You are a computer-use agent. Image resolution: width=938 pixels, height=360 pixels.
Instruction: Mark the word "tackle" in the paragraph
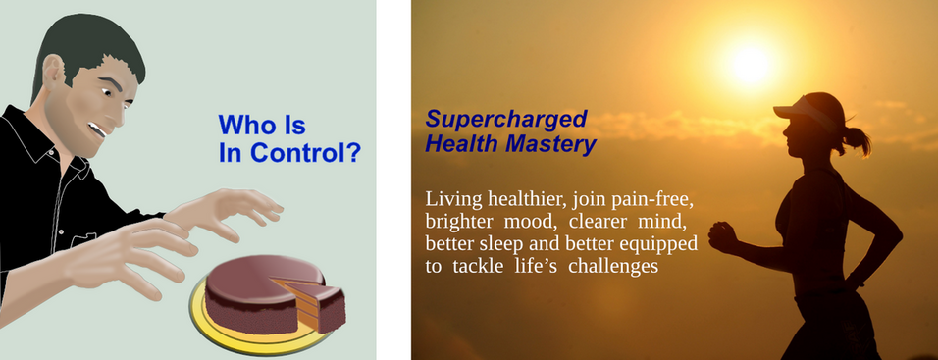[477, 266]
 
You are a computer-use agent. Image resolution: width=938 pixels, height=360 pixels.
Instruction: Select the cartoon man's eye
[108, 92]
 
